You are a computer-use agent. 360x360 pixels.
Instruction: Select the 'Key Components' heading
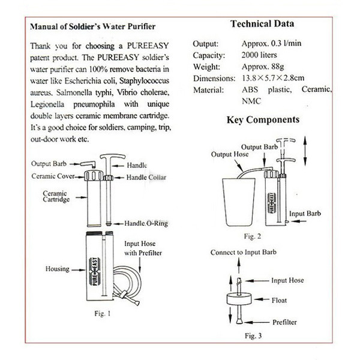(263, 119)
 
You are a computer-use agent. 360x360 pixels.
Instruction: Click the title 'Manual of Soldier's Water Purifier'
(92, 27)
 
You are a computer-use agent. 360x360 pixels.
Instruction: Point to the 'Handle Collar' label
(146, 177)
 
